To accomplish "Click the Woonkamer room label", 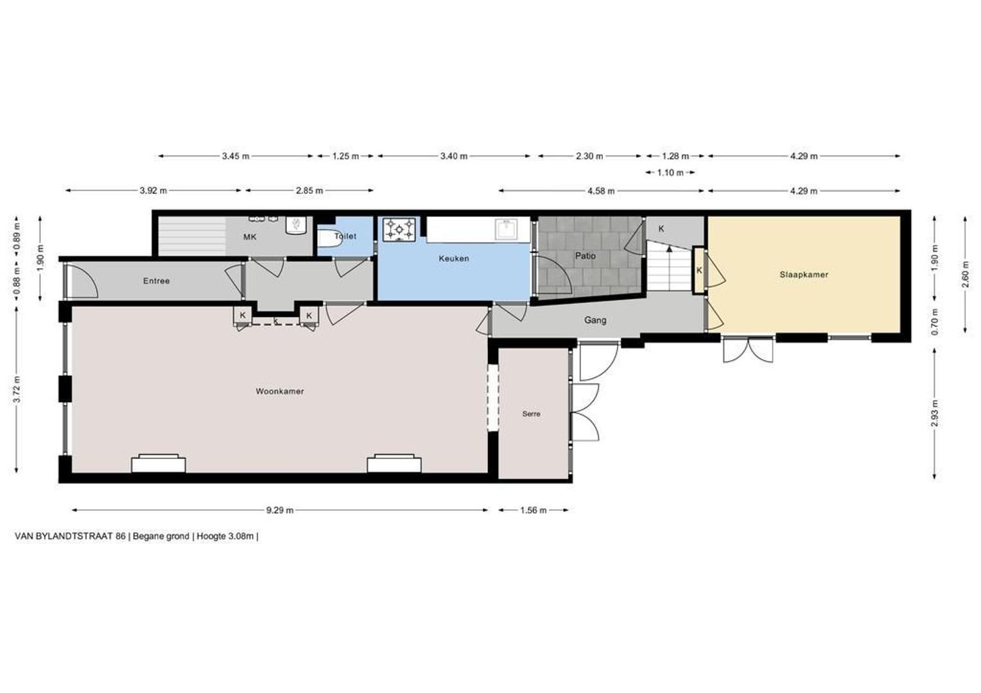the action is click(279, 391).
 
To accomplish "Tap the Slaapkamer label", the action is click(804, 275).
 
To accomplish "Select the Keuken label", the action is click(454, 259).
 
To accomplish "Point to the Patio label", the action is click(585, 255).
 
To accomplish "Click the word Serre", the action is click(531, 414).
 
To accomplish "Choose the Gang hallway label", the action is click(595, 320).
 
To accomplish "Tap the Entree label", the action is click(157, 281).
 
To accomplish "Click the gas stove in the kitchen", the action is click(399, 229).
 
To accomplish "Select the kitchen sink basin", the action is click(507, 229).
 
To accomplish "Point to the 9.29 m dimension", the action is click(280, 510).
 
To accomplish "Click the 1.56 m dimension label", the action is click(533, 510).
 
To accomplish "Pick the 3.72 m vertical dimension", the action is click(17, 389).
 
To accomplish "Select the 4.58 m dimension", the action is click(601, 191).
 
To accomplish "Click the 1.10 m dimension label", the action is click(670, 173).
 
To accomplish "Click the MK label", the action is click(250, 237).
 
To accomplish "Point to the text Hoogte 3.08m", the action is click(225, 536).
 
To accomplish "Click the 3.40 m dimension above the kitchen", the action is click(454, 157).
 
